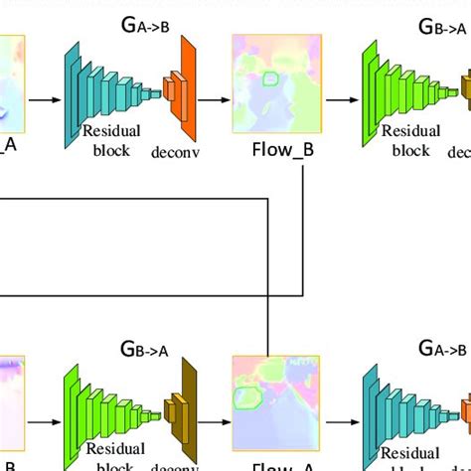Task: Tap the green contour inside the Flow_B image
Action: click(x=270, y=78)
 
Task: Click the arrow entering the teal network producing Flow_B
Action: click(x=41, y=99)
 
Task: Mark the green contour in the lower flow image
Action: click(x=248, y=399)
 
